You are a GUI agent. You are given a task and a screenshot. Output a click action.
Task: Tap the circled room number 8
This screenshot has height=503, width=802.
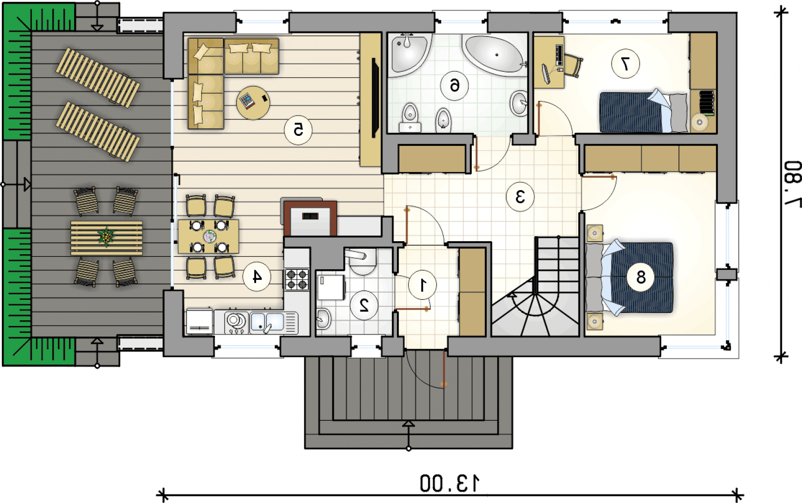pyautogui.click(x=641, y=277)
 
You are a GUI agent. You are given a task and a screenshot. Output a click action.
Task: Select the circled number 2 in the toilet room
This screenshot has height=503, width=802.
pyautogui.click(x=364, y=305)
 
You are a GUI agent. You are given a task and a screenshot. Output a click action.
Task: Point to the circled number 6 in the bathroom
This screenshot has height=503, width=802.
pyautogui.click(x=454, y=86)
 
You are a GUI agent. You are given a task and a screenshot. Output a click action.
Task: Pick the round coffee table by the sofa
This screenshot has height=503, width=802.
pyautogui.click(x=253, y=103)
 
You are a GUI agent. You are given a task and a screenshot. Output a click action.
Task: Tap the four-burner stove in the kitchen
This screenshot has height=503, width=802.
pyautogui.click(x=297, y=279)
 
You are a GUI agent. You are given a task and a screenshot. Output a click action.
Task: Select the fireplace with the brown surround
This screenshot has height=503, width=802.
pyautogui.click(x=310, y=218)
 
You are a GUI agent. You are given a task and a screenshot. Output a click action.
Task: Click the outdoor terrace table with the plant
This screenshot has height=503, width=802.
pyautogui.click(x=106, y=238)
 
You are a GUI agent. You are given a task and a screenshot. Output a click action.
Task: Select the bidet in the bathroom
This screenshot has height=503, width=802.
pyautogui.click(x=443, y=120)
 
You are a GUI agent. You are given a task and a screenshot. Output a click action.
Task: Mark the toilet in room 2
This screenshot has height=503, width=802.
pyautogui.click(x=361, y=261)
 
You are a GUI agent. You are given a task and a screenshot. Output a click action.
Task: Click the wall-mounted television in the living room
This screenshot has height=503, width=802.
pyautogui.click(x=375, y=98)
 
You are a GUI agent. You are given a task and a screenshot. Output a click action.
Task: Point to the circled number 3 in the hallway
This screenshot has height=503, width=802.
pyautogui.click(x=520, y=197)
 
